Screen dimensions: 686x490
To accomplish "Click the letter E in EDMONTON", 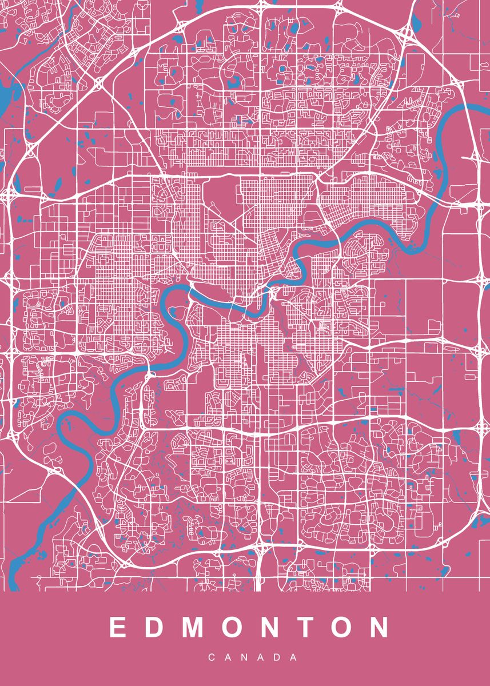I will (x=117, y=628).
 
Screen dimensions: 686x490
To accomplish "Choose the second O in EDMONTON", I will (x=341, y=628).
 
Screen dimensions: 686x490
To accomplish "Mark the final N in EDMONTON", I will (x=379, y=628).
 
